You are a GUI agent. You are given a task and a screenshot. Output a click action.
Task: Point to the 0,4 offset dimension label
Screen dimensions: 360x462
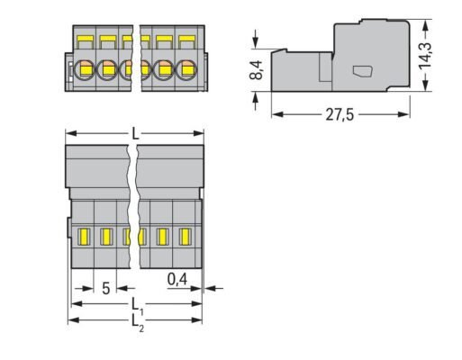tap(178, 279)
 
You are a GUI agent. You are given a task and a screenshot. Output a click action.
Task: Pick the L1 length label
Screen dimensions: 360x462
tap(137, 303)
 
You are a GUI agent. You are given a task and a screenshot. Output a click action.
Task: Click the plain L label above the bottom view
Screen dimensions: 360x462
tap(135, 133)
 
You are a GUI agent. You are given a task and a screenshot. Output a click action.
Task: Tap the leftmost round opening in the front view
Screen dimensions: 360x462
tap(86, 68)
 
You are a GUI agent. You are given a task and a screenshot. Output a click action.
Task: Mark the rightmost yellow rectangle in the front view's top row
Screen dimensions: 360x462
tap(187, 41)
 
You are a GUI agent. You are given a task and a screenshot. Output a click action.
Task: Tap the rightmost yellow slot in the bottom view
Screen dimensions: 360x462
tap(187, 237)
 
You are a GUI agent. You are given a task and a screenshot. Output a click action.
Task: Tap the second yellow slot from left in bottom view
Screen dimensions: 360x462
tap(104, 237)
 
